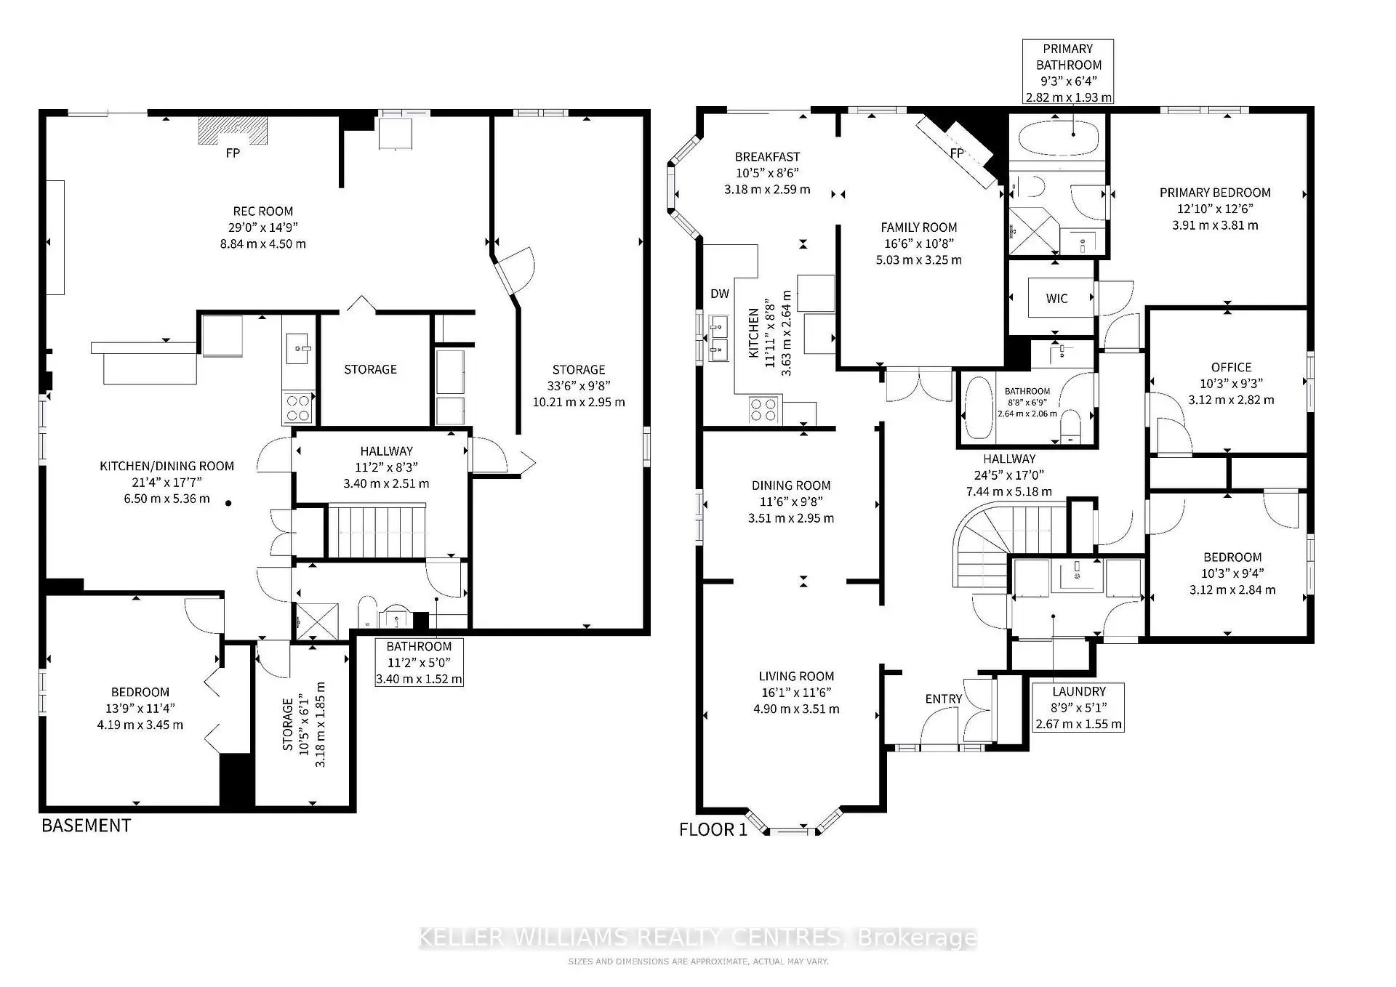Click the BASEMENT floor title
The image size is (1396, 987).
tap(86, 826)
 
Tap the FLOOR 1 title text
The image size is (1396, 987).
tap(713, 829)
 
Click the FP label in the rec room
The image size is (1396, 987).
tap(233, 153)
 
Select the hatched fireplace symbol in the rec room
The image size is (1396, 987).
tap(233, 131)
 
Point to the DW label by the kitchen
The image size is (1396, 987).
tap(719, 294)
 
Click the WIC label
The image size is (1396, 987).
tap(1056, 299)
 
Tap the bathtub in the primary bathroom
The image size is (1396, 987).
tap(1058, 138)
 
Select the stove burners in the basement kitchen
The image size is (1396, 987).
tap(297, 408)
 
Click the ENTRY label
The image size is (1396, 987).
tap(943, 698)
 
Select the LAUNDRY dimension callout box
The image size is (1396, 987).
tap(1078, 708)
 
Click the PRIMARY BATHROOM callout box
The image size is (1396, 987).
tap(1067, 73)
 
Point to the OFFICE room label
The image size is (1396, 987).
tap(1231, 367)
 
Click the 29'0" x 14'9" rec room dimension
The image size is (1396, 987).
tap(262, 227)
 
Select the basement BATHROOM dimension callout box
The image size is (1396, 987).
tap(419, 662)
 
